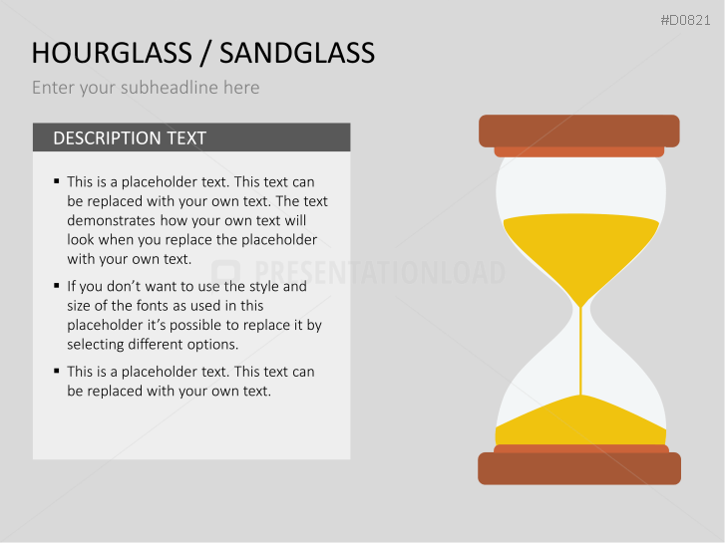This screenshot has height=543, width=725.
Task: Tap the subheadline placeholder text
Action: [146, 88]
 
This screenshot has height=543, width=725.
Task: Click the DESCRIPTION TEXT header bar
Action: [191, 137]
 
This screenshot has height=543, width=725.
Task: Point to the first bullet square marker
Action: [57, 181]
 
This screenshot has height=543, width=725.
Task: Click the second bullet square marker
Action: [57, 285]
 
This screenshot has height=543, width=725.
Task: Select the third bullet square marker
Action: [57, 371]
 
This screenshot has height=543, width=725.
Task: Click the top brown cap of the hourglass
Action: [578, 131]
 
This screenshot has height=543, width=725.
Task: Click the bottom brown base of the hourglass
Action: [578, 468]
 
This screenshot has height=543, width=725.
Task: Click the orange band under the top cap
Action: [578, 151]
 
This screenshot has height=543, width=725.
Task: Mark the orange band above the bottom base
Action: [580, 448]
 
